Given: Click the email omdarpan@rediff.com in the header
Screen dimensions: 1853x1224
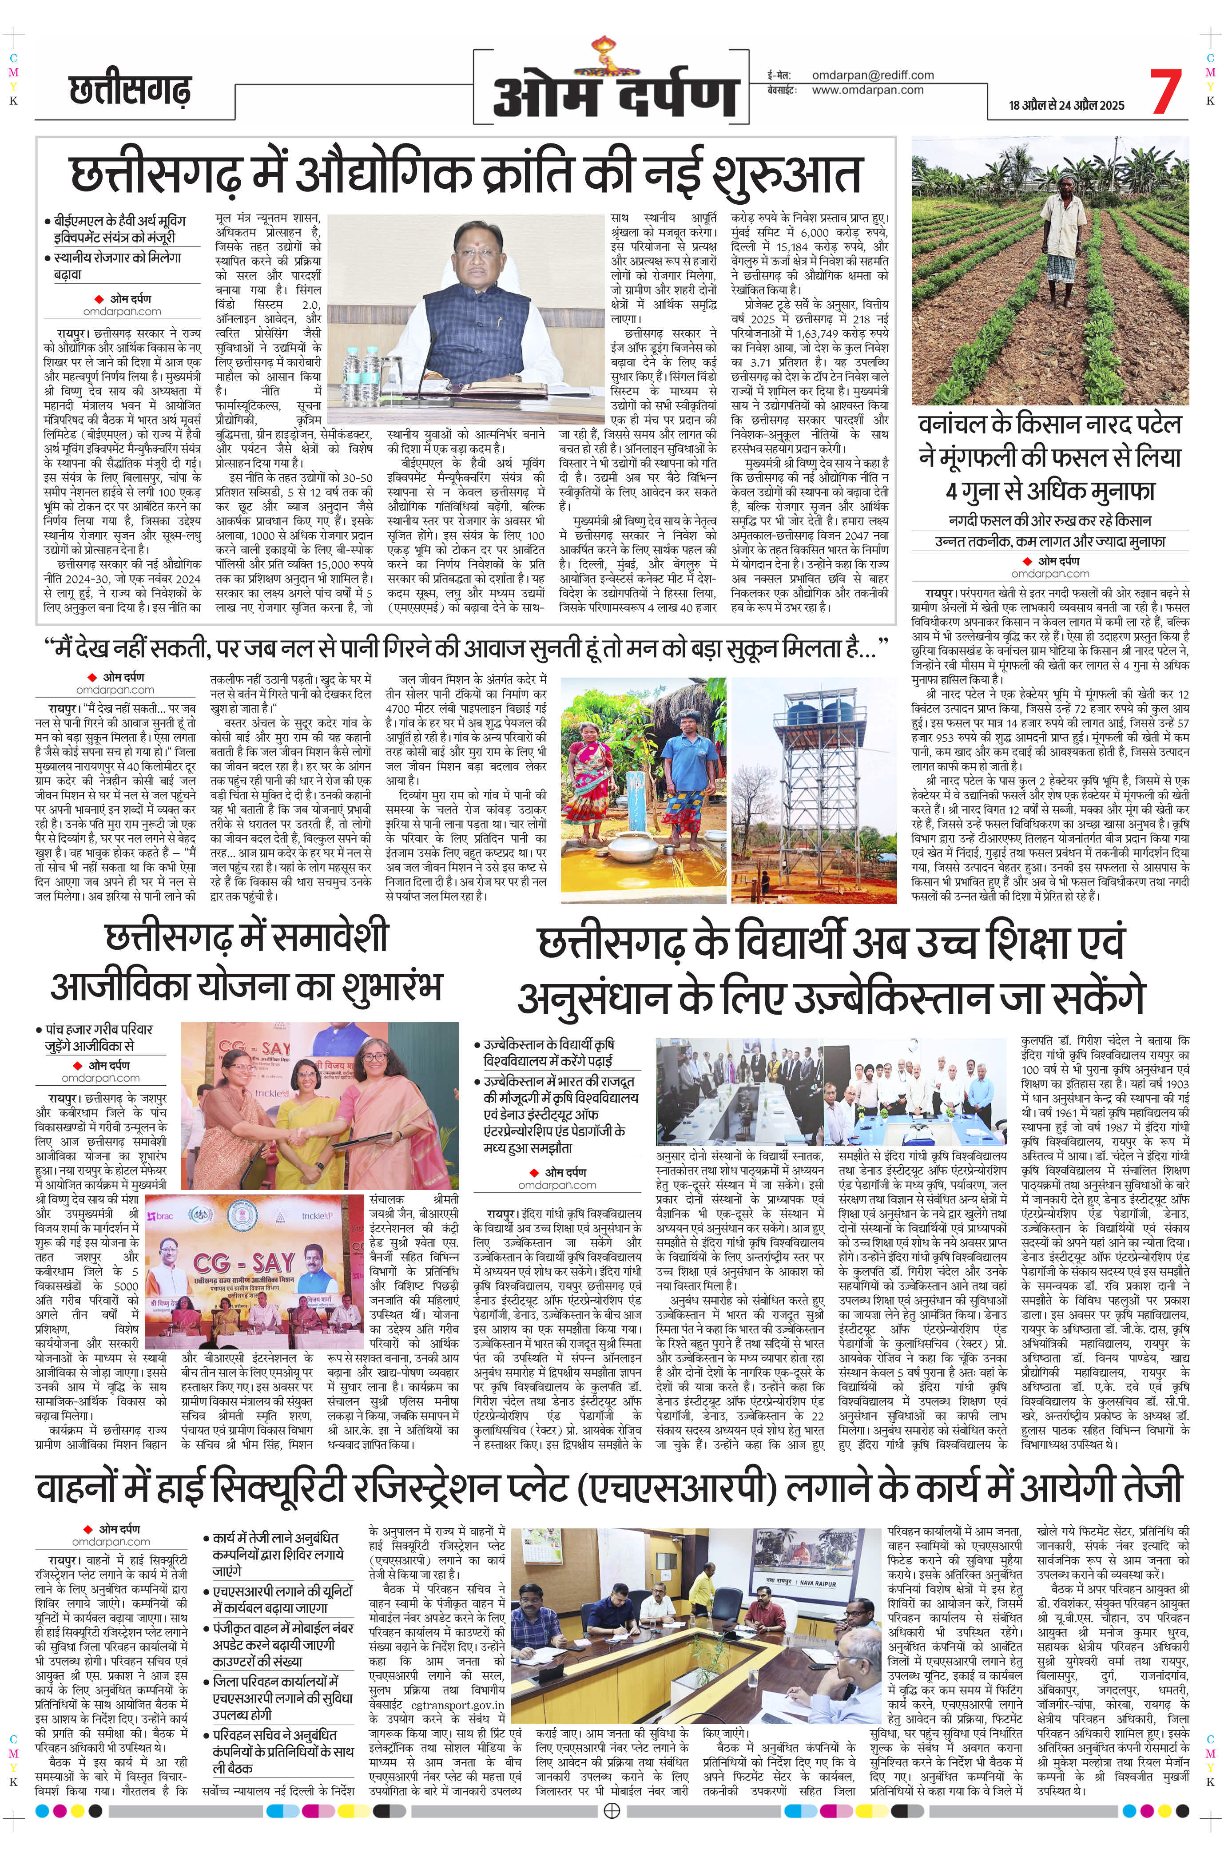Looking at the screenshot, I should [x=873, y=75].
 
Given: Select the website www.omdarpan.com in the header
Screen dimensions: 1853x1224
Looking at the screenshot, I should [x=867, y=90].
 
